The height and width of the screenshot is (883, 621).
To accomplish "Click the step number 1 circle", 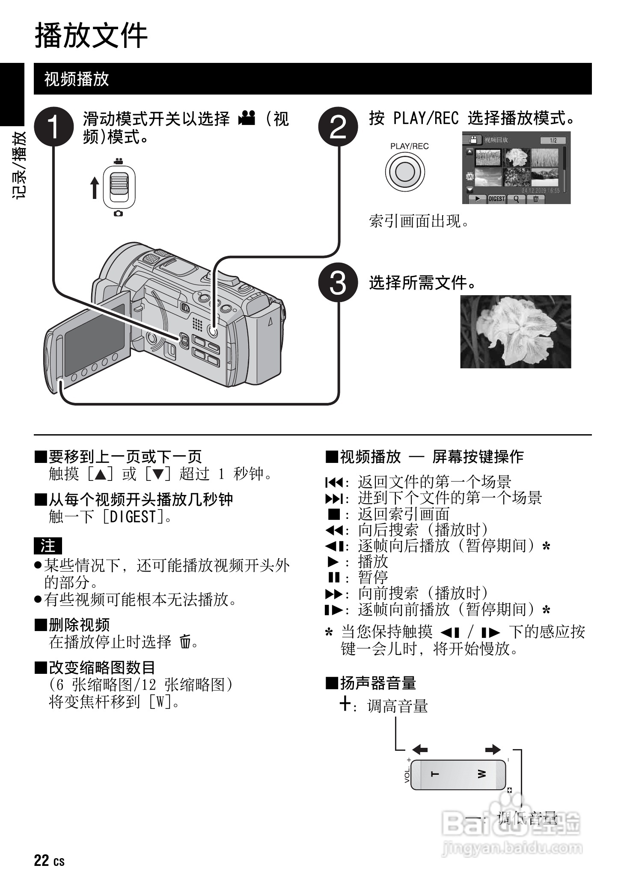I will click(x=53, y=127).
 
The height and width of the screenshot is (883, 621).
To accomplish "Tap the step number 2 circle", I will click(x=338, y=127).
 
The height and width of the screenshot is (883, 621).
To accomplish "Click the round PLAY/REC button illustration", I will click(x=405, y=172).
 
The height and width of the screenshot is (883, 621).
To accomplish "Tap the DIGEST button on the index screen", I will click(x=496, y=199).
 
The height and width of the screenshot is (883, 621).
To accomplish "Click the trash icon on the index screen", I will click(x=535, y=199).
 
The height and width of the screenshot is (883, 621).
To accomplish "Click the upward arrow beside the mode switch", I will click(x=95, y=188).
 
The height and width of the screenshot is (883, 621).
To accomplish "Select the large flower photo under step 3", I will click(x=515, y=332).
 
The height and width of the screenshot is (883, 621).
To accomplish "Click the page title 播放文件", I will click(x=91, y=36).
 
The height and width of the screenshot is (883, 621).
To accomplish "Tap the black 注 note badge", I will click(x=48, y=546).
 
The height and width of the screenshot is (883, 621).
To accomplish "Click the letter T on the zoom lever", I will click(x=435, y=773).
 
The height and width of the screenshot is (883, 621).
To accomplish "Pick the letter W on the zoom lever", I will click(x=481, y=773).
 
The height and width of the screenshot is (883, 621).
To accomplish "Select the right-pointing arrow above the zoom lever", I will click(x=493, y=749).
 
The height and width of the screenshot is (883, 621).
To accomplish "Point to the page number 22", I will click(x=42, y=860).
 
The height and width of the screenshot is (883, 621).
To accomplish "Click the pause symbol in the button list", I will click(x=333, y=577).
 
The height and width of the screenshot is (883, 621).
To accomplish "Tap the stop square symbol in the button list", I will click(x=333, y=514).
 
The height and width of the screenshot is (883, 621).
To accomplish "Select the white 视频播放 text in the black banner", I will click(x=77, y=79).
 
